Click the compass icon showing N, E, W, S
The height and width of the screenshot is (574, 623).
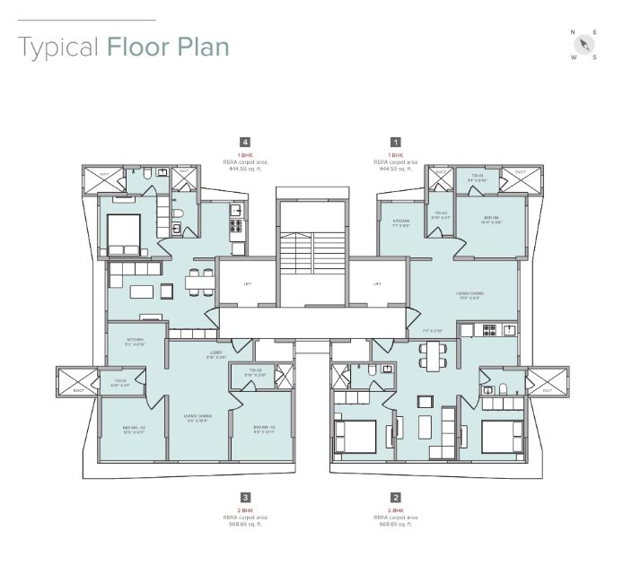tap(584, 45)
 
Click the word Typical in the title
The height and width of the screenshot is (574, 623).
tap(57, 47)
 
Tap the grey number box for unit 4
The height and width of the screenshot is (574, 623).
tap(245, 142)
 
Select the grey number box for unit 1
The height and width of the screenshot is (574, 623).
tap(395, 142)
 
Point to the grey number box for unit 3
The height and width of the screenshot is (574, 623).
tap(245, 497)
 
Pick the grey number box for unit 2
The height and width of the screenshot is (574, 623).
tap(395, 497)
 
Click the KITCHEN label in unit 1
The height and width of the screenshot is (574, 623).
tap(400, 222)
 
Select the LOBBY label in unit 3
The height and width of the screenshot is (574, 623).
tap(215, 352)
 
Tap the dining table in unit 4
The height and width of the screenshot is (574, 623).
tap(200, 281)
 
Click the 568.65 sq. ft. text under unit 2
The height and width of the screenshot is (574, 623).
tap(395, 523)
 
